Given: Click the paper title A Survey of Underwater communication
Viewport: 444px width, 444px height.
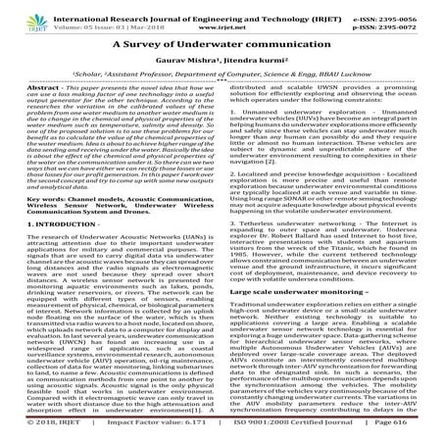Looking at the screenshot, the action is [222, 44].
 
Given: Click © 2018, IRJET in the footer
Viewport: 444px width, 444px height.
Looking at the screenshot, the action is [39, 432].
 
